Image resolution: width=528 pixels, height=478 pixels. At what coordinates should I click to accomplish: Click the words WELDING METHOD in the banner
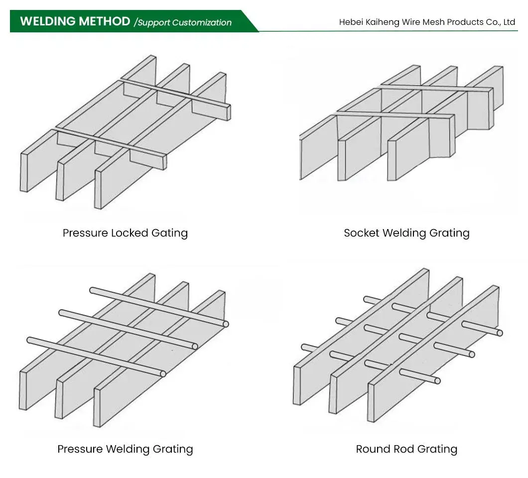point(75,21)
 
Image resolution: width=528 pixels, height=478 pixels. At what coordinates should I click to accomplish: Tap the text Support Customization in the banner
point(184,22)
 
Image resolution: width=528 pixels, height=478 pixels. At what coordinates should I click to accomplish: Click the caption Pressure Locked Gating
point(125,233)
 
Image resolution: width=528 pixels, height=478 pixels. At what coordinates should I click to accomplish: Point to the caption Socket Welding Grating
point(406,233)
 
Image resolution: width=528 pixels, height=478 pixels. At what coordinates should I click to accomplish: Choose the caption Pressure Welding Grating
point(125,449)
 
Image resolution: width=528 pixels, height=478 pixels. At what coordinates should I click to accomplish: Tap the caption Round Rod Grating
point(406,449)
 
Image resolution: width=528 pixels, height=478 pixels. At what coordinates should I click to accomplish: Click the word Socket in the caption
point(362,233)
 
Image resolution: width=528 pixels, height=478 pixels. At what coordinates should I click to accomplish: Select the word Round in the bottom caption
point(369,449)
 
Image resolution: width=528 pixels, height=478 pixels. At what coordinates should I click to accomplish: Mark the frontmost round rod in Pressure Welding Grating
point(95,356)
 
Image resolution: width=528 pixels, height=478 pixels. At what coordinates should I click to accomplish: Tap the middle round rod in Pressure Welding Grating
point(127,329)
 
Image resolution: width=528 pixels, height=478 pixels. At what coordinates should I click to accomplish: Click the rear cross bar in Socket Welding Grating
point(433,88)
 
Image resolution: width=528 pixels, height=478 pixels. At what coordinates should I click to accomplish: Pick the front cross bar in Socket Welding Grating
point(394,116)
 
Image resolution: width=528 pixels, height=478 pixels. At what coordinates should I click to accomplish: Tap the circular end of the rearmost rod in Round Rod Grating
point(500,333)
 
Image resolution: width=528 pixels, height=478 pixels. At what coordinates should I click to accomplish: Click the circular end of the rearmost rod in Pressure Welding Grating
point(226,324)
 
